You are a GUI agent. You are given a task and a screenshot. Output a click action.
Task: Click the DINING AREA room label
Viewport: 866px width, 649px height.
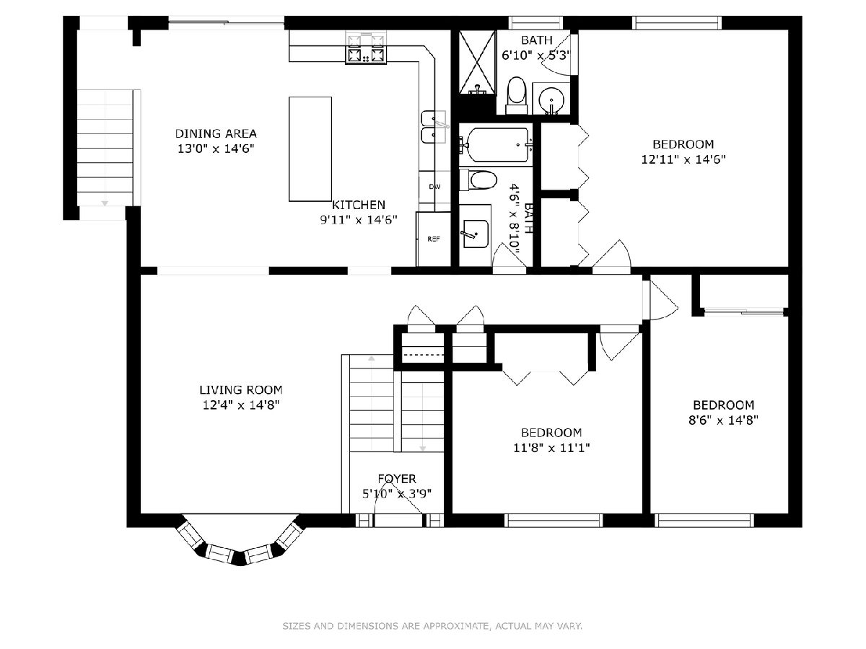[216, 133]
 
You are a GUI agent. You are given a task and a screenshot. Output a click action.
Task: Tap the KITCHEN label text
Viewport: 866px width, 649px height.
[358, 205]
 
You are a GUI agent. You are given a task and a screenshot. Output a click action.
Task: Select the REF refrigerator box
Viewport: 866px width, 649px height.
[433, 239]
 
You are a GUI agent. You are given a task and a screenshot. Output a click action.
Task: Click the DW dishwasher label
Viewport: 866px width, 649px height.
[434, 187]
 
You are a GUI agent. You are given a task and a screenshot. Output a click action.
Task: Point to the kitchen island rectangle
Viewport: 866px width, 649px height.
[310, 149]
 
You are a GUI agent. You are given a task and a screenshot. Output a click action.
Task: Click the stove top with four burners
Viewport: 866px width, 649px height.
[366, 49]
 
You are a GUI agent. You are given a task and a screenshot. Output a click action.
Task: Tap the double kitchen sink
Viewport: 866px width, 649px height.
[434, 128]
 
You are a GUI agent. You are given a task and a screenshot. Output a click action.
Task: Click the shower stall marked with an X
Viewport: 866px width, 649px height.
[476, 62]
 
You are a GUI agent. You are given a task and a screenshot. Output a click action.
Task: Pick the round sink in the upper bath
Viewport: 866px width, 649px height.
[551, 100]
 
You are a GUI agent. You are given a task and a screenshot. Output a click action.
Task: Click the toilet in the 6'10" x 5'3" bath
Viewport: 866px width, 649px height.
[516, 94]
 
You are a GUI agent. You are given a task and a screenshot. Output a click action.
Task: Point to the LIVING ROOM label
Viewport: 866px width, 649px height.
[240, 390]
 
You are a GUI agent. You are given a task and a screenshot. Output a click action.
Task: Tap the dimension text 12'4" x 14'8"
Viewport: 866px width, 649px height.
[240, 405]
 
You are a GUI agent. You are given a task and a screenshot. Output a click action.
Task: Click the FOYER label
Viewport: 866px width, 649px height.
[396, 479]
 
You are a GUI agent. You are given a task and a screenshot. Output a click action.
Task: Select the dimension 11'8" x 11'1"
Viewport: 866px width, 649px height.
[551, 448]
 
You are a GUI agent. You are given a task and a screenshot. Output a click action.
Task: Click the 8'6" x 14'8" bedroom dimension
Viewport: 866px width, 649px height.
[724, 420]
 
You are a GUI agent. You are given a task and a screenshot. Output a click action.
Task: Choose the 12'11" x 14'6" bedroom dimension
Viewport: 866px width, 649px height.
[683, 159]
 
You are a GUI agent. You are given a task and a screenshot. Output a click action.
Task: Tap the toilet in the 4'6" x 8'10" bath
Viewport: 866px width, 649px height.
[478, 180]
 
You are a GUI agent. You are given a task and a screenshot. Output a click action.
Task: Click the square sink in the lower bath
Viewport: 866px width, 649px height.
[475, 234]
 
